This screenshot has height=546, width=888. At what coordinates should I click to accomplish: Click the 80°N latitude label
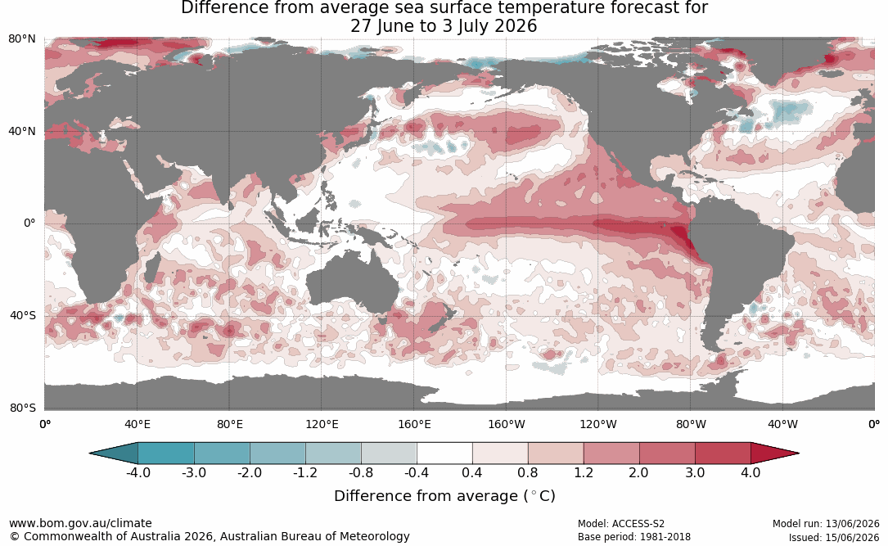coord(22,39)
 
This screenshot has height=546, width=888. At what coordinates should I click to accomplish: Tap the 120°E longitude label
coord(322,424)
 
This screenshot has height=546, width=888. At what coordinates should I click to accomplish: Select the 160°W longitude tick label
coord(507,424)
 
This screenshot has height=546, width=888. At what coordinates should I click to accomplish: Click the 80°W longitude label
coord(691,424)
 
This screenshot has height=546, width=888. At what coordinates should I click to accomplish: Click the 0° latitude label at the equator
coord(29,223)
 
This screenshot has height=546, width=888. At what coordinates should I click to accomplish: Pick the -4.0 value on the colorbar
coord(138,472)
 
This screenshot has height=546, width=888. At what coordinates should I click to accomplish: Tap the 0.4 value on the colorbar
coord(472,472)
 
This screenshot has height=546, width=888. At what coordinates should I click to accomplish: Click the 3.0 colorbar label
coord(695,472)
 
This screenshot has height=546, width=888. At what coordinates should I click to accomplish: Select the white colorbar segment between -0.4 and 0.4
coord(444,453)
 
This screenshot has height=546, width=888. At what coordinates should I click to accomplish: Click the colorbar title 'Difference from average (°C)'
coord(444,496)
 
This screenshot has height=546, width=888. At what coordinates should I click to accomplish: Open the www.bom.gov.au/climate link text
coord(80,523)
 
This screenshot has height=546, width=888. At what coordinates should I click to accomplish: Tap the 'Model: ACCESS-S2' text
coord(621,524)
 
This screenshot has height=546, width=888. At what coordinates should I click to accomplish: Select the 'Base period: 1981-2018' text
coord(634,537)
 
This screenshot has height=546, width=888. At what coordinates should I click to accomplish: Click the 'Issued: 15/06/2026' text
coord(834,537)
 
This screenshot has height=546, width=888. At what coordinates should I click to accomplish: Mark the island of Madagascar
coord(151,268)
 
